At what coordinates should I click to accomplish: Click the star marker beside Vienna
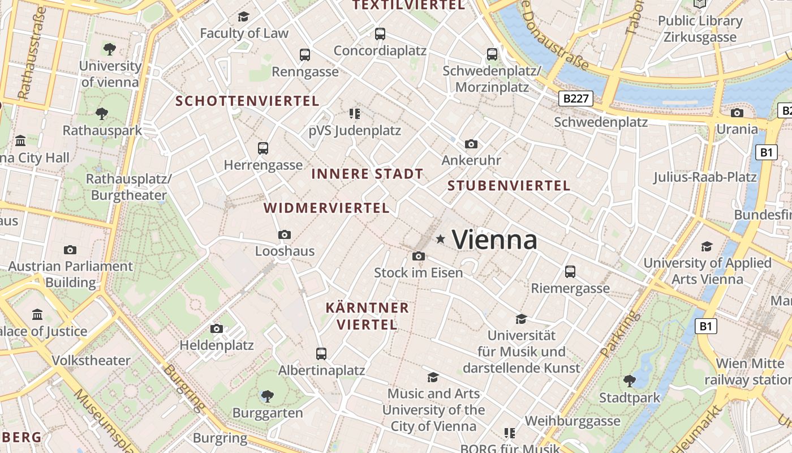coord(441,240)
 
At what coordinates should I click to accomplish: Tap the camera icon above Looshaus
coord(285,234)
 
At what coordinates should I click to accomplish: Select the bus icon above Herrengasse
coord(263,148)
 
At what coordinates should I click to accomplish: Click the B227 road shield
coord(576,99)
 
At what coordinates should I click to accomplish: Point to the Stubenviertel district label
coord(509,185)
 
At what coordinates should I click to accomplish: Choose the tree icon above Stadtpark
coord(629,381)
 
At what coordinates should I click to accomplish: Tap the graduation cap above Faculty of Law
coord(244,16)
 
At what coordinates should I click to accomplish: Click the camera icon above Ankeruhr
coord(471,144)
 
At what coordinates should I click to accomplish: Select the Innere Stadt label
coord(367,174)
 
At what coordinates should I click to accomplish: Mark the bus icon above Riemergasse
coord(570,272)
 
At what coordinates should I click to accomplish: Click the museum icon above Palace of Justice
coord(37,314)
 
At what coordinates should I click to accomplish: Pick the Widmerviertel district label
coord(326,208)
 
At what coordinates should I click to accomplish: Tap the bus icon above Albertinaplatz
coord(321,354)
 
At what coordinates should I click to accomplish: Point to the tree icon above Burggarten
coord(268,396)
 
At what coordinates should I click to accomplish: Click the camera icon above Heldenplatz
coord(216,328)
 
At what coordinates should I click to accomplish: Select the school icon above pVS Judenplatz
coord(355,114)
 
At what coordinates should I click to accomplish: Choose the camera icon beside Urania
coord(737,113)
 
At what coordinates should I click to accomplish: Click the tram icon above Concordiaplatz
coord(380,34)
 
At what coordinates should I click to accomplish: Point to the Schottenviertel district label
coord(247,101)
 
